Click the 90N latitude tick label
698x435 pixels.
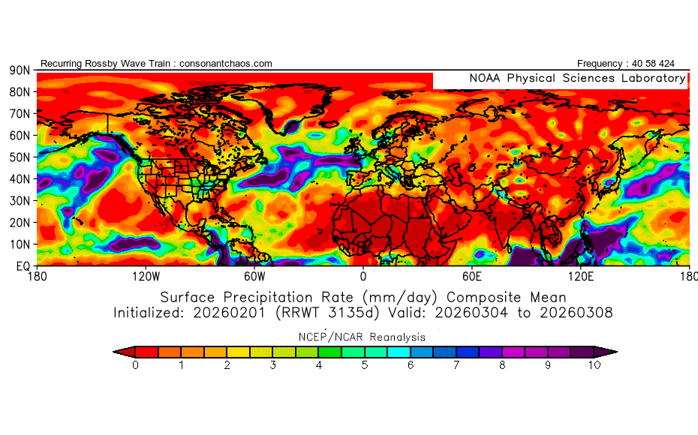pyautogui.click(x=20, y=70)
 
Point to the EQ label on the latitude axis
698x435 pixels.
pyautogui.click(x=23, y=266)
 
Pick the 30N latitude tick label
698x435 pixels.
pyautogui.click(x=20, y=201)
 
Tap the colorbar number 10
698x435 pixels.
pyautogui.click(x=594, y=365)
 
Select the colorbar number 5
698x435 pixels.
pyautogui.click(x=365, y=365)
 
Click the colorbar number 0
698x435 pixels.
pyautogui.click(x=135, y=365)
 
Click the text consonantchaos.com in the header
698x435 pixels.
pyautogui.click(x=226, y=64)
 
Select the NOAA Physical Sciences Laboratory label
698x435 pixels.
pyautogui.click(x=577, y=78)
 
